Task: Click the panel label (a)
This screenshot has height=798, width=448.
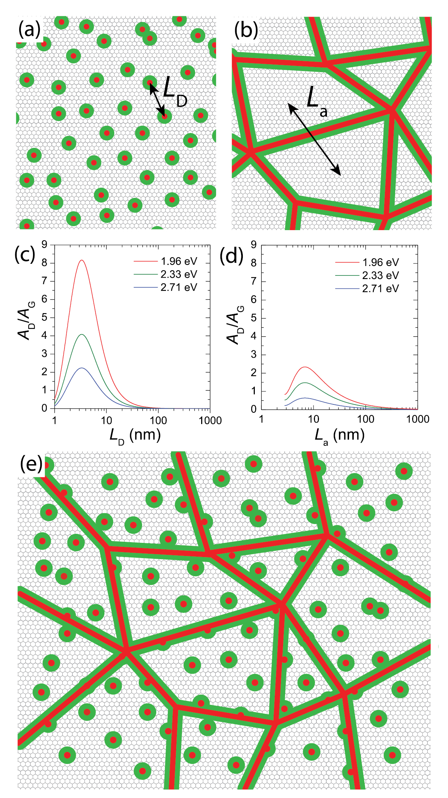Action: click(29, 30)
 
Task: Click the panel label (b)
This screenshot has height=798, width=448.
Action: click(246, 30)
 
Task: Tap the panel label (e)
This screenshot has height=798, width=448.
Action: click(31, 464)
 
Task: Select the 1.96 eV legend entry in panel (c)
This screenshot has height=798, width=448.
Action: click(179, 261)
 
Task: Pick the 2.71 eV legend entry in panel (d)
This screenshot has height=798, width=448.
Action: click(380, 288)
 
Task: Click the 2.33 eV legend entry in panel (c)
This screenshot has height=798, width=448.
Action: click(179, 274)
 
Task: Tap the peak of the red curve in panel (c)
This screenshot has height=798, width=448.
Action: click(82, 260)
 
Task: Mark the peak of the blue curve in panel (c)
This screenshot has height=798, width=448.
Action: click(82, 368)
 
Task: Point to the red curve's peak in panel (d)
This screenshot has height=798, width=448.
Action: click(305, 367)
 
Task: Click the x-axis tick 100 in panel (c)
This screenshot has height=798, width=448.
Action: click(158, 420)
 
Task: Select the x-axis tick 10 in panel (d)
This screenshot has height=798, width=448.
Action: click(313, 419)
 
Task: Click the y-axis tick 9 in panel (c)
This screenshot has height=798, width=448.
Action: click(45, 245)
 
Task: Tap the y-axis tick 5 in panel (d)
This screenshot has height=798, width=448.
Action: click(253, 318)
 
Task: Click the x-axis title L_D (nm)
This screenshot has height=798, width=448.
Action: click(135, 435)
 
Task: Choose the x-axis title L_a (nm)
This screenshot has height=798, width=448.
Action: click(339, 435)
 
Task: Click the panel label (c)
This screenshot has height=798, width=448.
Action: click(25, 255)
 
